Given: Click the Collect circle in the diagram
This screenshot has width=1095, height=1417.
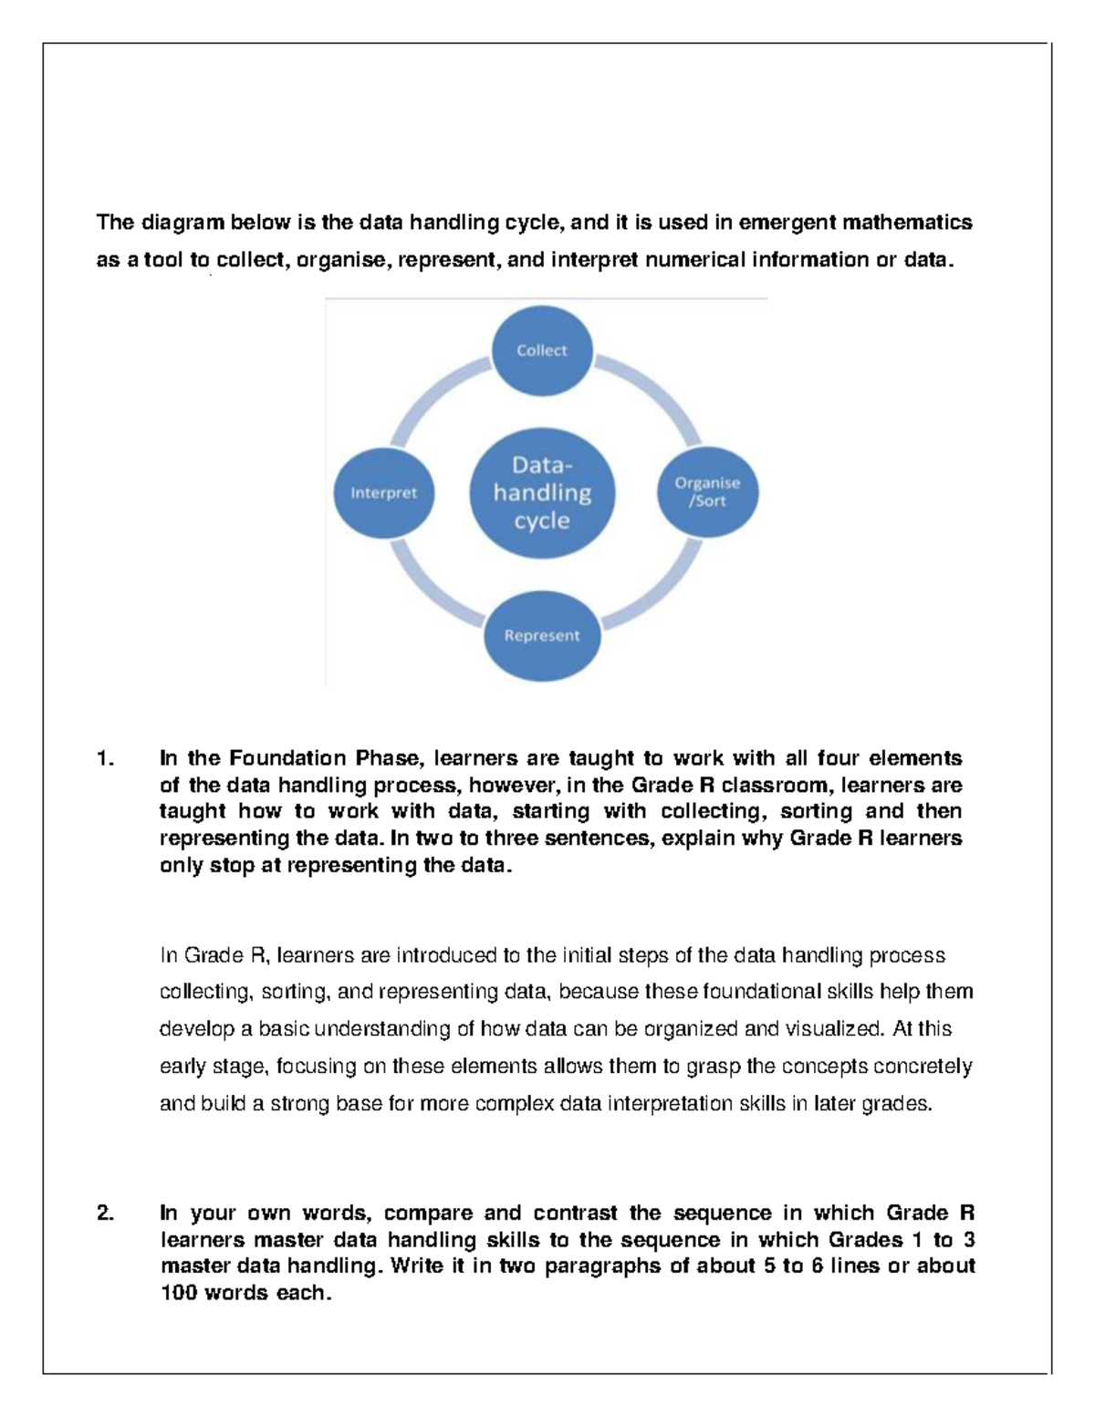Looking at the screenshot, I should pos(542,350).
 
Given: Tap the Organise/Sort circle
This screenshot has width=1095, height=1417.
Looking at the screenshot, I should pos(707,492).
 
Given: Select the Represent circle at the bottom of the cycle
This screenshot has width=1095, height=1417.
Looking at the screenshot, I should pos(542,635).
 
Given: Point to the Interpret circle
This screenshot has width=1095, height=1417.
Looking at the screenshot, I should pos(383,493).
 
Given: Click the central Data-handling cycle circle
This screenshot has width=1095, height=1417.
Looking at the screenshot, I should pos(542,493).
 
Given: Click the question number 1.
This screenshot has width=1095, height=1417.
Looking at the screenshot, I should pos(105,758).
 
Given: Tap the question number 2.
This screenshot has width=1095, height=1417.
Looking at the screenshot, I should pos(105,1213).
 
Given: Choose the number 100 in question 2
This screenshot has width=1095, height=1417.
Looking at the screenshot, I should pos(179,1293).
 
